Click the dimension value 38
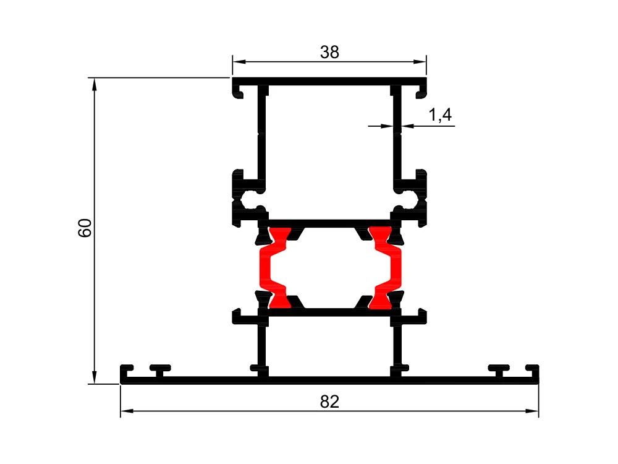tap(329, 52)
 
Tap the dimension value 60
tap(85, 228)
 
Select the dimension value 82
tap(329, 402)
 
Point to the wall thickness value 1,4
tap(440, 115)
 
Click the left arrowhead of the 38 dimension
tap(239, 61)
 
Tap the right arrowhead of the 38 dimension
tap(420, 61)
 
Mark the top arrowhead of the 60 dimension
tap(94, 84)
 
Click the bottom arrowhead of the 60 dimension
tap(94, 377)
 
